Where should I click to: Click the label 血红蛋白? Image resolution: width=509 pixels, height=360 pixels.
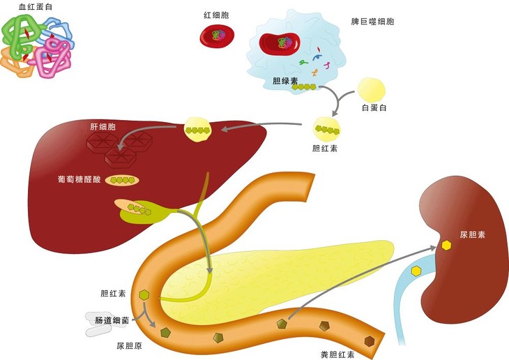[36, 7]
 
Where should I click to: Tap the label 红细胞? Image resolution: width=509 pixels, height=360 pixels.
[216, 15]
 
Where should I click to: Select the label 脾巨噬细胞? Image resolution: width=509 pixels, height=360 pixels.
[372, 22]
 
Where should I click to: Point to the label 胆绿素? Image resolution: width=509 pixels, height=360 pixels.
[285, 80]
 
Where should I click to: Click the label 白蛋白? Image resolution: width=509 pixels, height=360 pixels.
[374, 107]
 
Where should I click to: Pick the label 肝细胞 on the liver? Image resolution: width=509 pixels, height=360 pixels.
[102, 127]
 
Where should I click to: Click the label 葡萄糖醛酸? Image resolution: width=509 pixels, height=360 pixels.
[79, 179]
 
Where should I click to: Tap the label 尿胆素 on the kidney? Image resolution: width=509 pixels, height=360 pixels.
[472, 234]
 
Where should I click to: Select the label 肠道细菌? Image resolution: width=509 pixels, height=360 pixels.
[112, 320]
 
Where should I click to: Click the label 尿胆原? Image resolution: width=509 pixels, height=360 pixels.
[129, 346]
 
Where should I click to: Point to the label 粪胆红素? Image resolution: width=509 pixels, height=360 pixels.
[337, 354]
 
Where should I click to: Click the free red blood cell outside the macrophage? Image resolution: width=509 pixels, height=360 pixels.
[217, 36]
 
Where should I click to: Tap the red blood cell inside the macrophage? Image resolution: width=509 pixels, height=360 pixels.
[280, 43]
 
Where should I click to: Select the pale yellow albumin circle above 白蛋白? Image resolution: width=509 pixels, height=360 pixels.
[372, 90]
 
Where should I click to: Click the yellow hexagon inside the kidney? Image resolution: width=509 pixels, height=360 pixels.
[447, 246]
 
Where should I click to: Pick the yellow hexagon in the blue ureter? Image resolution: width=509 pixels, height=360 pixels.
[416, 271]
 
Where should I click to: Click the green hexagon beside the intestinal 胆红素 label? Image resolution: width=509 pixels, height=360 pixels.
[144, 295]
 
